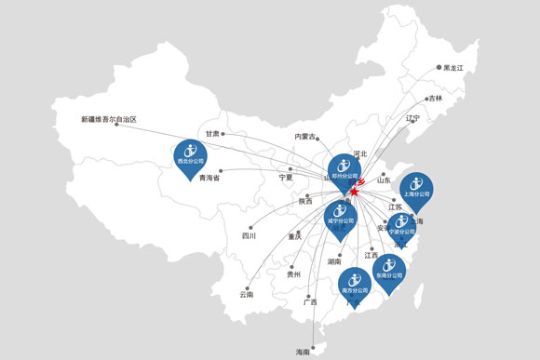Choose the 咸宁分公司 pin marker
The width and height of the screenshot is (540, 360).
[x=340, y=216]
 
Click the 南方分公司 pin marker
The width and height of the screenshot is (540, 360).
[x=354, y=283]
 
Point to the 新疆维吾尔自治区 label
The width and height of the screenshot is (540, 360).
[x=108, y=119]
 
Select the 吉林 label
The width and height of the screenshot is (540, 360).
[x=436, y=98]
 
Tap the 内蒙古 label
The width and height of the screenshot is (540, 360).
[x=306, y=137]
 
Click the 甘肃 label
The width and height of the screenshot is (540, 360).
[x=212, y=134]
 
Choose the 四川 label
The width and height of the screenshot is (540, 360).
[x=250, y=236]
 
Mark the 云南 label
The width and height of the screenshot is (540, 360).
[x=246, y=294]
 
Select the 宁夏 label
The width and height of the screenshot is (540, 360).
[x=285, y=177]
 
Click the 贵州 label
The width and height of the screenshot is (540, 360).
[x=294, y=274]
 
